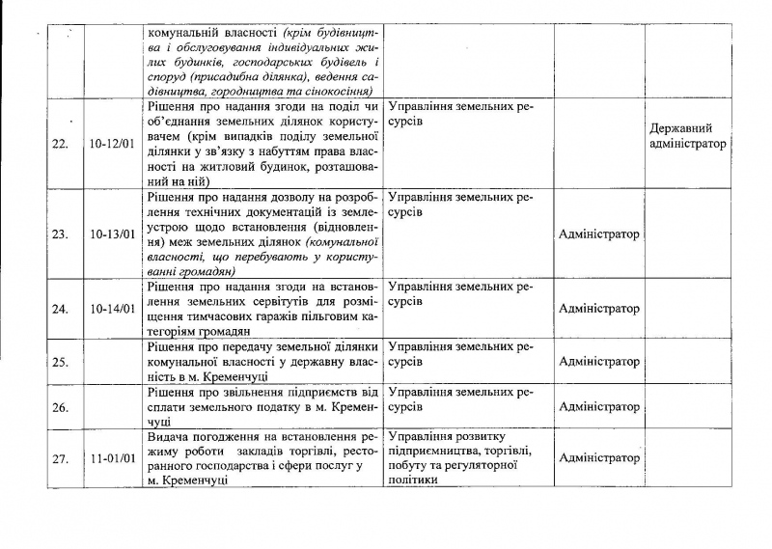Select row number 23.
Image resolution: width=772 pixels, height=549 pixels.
point(59,233)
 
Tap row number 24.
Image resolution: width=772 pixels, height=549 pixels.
point(59,309)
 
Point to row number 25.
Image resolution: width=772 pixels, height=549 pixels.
point(59,362)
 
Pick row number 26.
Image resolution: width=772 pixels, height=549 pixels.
point(59,407)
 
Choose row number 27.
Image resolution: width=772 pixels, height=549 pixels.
point(59,458)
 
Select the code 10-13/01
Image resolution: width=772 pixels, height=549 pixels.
point(114,233)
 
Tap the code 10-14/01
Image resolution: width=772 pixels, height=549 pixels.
point(114,309)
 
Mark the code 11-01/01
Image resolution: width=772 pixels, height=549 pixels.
point(114,458)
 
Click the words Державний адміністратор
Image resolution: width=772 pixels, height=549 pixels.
point(688,136)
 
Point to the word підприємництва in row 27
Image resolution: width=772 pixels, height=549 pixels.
point(431,452)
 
